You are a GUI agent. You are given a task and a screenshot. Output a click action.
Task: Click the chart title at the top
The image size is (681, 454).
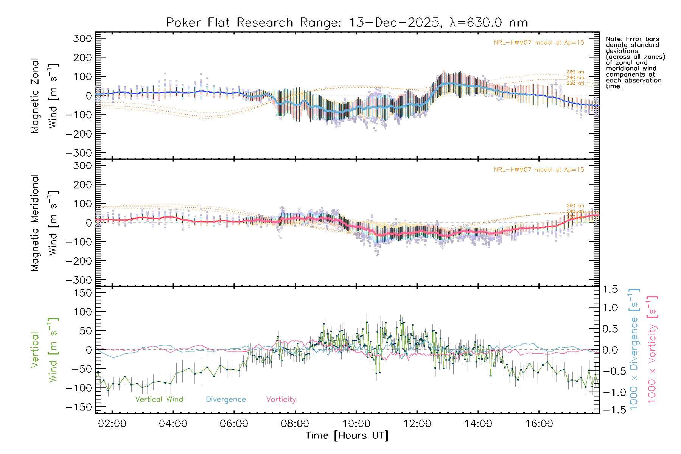click(347, 23)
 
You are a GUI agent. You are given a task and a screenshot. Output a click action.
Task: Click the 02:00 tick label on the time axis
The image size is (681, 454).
click(112, 424)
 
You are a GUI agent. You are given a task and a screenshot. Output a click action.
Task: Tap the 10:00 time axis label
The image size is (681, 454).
click(356, 424)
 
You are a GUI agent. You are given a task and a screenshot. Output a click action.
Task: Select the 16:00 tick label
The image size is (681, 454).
click(539, 424)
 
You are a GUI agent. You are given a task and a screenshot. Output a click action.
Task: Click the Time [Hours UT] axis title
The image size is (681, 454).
click(347, 435)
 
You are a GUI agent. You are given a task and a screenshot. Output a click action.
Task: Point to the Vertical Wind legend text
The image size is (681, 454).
click(159, 399)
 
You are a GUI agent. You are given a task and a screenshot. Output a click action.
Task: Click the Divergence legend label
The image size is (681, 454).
click(226, 399)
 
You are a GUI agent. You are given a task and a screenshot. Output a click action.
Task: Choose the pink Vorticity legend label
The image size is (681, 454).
click(281, 399)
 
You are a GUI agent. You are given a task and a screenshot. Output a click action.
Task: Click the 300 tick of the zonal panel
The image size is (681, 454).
click(82, 38)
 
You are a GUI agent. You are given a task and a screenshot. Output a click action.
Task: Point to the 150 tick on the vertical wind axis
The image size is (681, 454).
click(82, 293)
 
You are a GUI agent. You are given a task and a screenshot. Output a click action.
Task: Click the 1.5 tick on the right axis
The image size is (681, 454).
click(610, 289)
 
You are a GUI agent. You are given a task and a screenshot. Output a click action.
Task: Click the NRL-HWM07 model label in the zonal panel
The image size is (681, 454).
click(539, 43)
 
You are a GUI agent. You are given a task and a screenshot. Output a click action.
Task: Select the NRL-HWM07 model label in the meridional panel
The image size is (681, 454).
click(539, 170)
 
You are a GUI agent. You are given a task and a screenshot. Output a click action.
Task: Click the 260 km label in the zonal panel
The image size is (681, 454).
click(575, 72)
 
